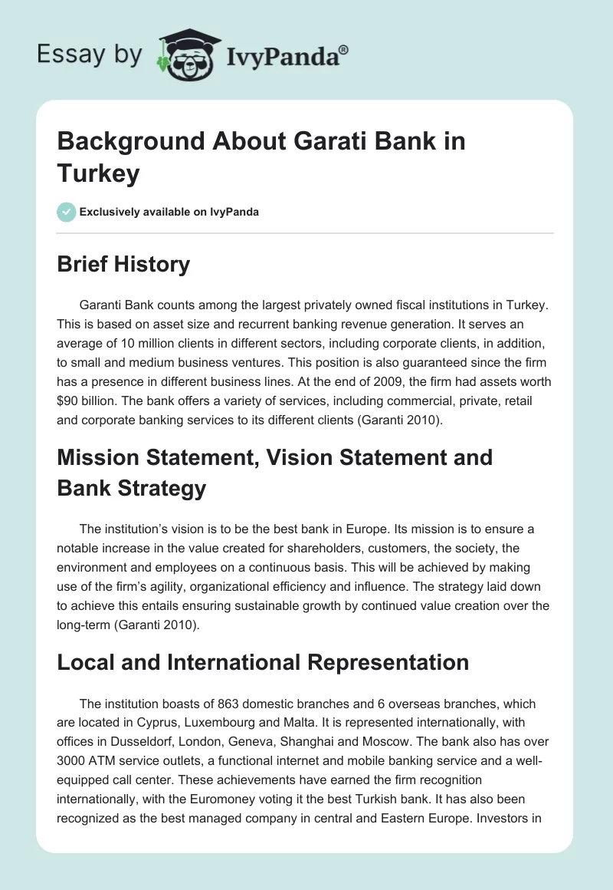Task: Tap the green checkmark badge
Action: [x=67, y=212]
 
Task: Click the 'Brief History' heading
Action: [x=123, y=264]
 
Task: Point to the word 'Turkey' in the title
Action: [x=98, y=174]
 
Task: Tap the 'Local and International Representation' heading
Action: [x=264, y=664]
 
